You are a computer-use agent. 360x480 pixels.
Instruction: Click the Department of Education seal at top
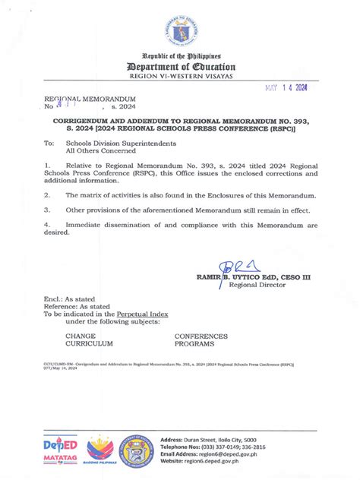[x=179, y=28]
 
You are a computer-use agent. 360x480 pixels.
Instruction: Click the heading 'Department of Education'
[x=179, y=67]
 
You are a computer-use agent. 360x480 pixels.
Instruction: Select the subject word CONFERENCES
[x=201, y=335]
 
